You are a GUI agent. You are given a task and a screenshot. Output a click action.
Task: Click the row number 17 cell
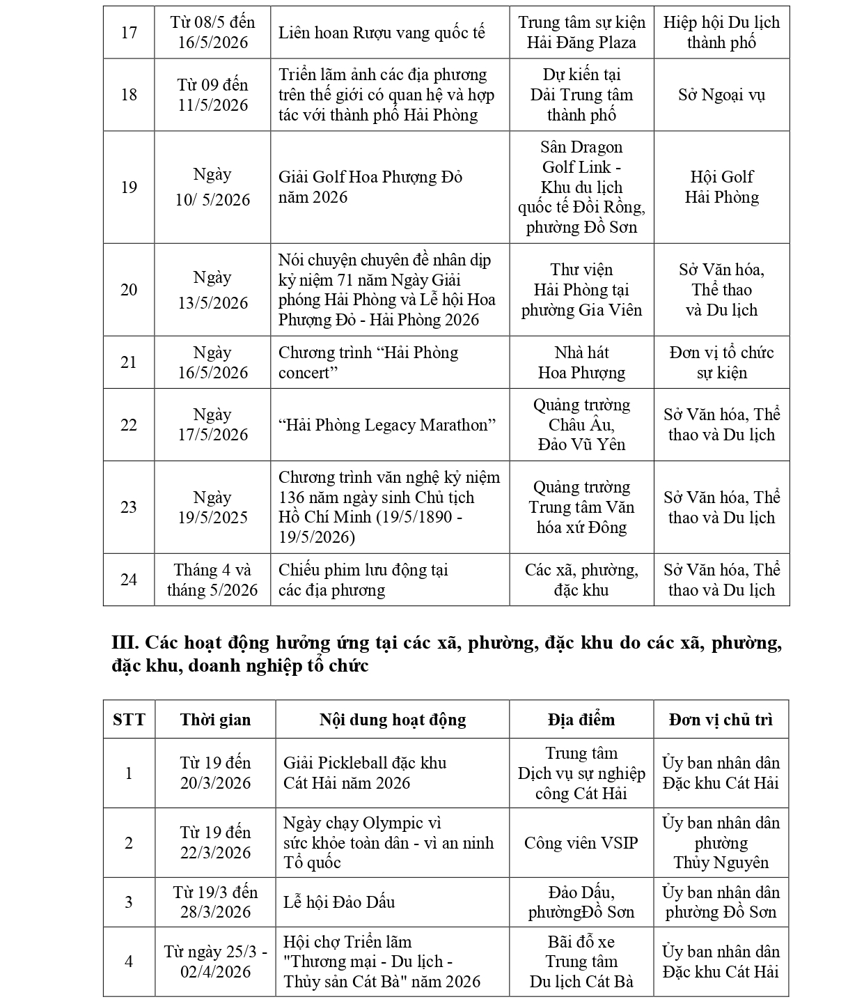(x=129, y=33)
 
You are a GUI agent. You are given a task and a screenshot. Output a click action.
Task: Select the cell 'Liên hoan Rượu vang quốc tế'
(x=382, y=33)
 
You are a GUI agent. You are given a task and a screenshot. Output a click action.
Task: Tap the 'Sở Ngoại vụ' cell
(x=721, y=95)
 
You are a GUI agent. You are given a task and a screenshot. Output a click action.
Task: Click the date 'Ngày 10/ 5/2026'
(x=212, y=187)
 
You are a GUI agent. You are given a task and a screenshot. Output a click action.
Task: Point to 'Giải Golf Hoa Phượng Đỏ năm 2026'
(x=370, y=187)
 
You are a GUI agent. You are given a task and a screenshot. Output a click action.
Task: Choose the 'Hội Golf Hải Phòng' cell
(x=721, y=187)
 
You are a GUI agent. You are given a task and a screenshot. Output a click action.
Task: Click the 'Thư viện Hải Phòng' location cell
(x=581, y=290)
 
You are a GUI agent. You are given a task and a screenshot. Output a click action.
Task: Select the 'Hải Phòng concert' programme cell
(x=368, y=362)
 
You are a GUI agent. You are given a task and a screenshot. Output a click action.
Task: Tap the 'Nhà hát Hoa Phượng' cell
(x=581, y=362)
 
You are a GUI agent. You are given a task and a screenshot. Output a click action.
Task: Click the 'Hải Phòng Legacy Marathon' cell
(x=387, y=425)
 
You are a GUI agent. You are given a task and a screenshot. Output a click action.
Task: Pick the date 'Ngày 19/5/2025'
(x=212, y=507)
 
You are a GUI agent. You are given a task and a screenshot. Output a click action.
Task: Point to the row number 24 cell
(x=129, y=580)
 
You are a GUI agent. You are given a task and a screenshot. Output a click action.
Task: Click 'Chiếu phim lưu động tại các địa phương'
(x=363, y=580)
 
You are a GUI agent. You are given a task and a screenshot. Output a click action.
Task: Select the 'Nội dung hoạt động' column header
(x=393, y=720)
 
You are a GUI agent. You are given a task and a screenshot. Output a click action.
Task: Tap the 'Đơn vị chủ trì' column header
(x=721, y=720)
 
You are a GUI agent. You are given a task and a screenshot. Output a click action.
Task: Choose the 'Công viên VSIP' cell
(x=581, y=843)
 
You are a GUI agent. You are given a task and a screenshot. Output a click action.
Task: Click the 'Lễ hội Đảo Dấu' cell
(x=339, y=902)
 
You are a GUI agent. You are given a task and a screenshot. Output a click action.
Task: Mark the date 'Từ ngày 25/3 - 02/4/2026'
(x=215, y=961)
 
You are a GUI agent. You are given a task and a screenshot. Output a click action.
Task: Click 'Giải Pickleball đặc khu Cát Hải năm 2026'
(x=365, y=773)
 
